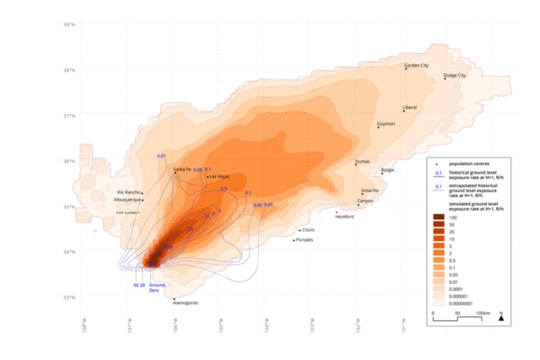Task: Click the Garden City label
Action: [417, 65]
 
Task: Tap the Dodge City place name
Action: [456, 75]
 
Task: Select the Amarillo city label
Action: [370, 191]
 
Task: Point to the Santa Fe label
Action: [182, 169]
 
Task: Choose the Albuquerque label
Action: [129, 200]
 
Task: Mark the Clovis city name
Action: [308, 229]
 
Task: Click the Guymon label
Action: [386, 123]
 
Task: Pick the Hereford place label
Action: [344, 217]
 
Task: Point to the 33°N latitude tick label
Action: [68, 298]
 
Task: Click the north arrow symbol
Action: [501, 319]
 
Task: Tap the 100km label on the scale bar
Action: [481, 312]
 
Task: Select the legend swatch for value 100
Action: [440, 218]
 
